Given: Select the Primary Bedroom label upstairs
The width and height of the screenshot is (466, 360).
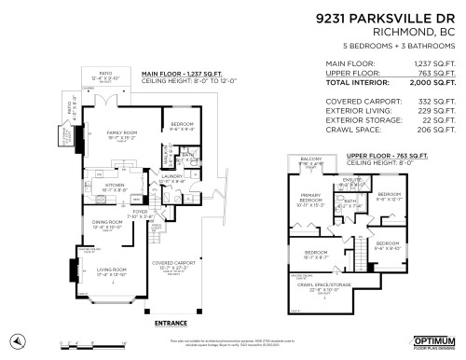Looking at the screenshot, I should tap(309, 200).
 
